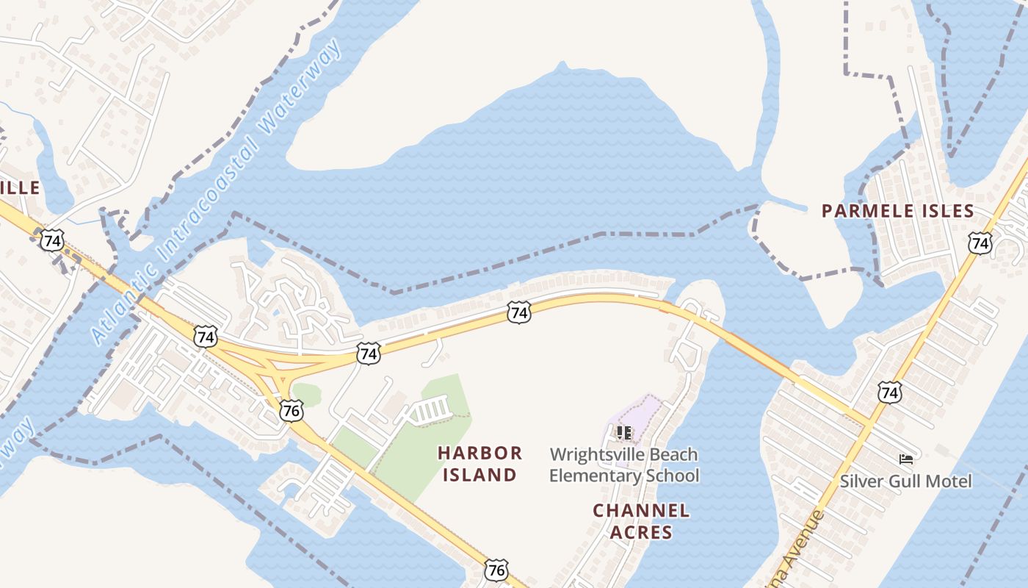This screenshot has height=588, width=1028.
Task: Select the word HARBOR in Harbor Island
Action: [480, 453]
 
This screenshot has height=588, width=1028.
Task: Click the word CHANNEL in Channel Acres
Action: [641, 510]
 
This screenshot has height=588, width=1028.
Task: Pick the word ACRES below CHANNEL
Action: [641, 532]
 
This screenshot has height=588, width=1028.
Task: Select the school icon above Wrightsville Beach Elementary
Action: [624, 433]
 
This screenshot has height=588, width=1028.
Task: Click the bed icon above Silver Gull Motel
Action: [906, 459]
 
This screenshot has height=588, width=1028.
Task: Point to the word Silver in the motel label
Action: [859, 481]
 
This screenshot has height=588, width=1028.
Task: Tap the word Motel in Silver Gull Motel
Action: [950, 481]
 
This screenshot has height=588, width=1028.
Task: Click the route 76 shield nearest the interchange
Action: [292, 410]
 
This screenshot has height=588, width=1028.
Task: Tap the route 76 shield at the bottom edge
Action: [496, 569]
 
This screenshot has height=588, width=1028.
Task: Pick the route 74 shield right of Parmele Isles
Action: [980, 242]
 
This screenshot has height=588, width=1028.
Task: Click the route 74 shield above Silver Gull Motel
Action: [889, 392]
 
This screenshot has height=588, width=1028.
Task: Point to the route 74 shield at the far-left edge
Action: [51, 240]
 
